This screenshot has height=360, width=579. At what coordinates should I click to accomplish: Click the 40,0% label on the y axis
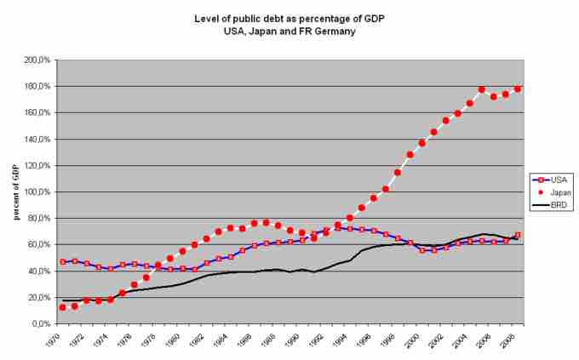pyautogui.click(x=41, y=271)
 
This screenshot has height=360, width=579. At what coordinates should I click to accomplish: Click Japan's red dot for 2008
pyautogui.click(x=518, y=89)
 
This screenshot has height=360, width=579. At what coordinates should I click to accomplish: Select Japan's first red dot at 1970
pyautogui.click(x=62, y=307)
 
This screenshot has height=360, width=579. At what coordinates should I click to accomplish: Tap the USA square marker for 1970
pyautogui.click(x=62, y=262)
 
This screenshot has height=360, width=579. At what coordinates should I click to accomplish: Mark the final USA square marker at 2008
pyautogui.click(x=518, y=235)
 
